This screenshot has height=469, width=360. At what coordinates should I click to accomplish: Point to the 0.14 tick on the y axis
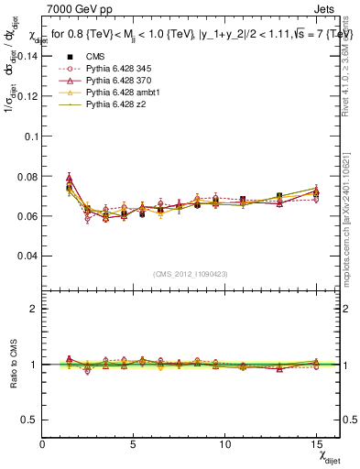(26, 56)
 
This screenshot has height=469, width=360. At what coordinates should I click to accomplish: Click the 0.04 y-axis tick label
(26, 256)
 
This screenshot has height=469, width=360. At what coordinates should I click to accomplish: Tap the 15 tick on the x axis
(315, 444)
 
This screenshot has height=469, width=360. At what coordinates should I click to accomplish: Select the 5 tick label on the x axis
(134, 444)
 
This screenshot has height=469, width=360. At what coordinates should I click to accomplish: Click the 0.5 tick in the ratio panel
(29, 420)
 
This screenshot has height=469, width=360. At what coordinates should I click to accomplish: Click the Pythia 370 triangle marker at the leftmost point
(70, 178)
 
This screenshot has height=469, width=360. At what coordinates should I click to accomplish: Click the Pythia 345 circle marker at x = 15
(316, 198)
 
